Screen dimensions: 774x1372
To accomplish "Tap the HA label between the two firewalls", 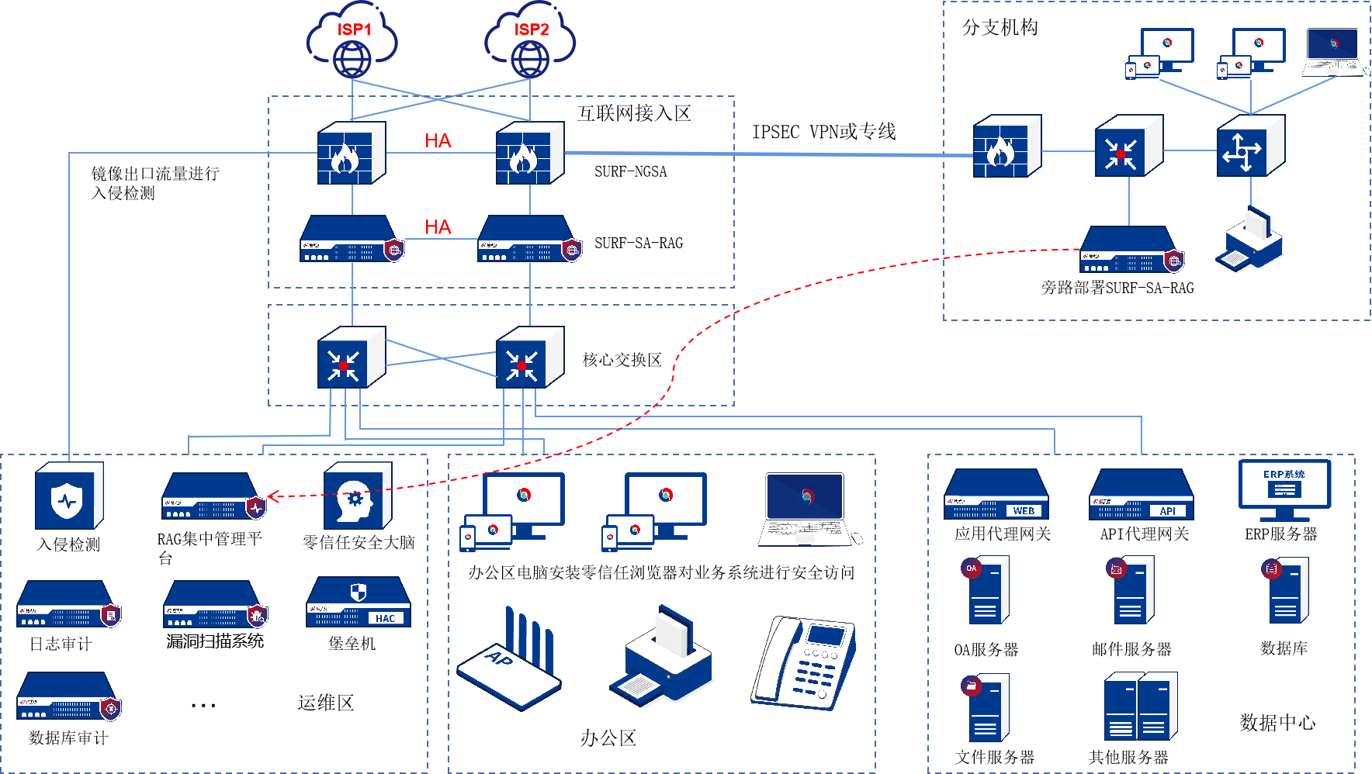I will coord(438,140).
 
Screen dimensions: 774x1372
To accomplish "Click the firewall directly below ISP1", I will coord(351,153).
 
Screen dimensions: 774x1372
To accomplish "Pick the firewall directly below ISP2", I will coord(529,153).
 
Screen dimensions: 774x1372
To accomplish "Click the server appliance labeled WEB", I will coord(996,495).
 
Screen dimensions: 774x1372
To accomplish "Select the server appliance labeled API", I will coord(1142,495).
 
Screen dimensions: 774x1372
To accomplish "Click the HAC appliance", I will coord(359,602).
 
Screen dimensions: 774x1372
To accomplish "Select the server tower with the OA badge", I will coord(986,589).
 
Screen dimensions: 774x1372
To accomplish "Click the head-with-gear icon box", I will coord(357,497).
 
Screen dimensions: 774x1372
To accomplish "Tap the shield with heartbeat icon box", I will coord(68,497).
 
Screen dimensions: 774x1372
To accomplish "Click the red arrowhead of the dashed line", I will coord(272,496).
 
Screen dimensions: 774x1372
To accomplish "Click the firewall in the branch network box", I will coord(1006,147).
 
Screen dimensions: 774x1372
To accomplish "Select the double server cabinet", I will coord(1141,707).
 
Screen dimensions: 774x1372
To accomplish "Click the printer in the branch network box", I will coord(1249,240).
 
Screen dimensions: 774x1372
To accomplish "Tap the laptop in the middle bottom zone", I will coord(806,509).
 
